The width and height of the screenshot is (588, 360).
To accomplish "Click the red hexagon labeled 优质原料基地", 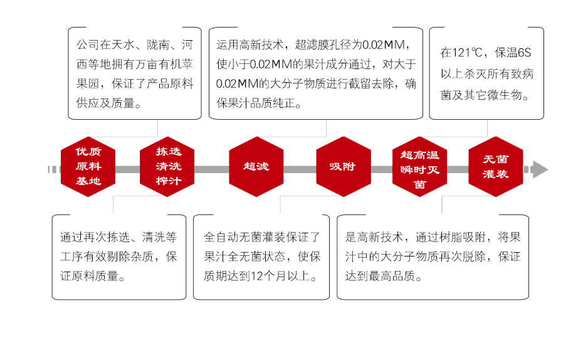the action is tap(88, 166).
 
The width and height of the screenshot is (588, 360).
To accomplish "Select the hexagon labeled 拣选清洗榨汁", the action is tap(167, 166).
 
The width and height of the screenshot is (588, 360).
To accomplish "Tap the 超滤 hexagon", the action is tap(256, 166).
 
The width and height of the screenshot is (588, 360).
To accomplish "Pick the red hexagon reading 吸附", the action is tap(344, 166).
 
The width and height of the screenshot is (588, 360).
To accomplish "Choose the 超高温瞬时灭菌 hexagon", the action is tap(419, 166).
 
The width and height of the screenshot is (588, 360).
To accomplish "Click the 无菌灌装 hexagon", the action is tap(496, 166).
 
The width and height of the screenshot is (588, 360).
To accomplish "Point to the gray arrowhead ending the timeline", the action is tap(540, 169).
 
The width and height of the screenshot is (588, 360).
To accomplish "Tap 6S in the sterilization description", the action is tap(524, 53).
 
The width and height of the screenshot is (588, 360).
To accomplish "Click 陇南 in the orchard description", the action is tap(158, 45).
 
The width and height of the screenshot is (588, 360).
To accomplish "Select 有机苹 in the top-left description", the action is tap(176, 64).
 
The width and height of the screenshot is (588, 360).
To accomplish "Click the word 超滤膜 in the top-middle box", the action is tap(312, 45).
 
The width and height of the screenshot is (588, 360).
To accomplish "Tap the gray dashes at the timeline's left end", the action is tap(54, 169).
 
